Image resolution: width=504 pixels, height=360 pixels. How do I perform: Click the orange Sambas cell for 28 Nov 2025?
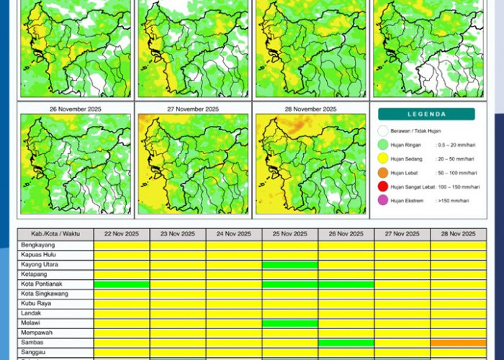458,343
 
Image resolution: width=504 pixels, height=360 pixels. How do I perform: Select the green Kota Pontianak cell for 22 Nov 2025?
122,284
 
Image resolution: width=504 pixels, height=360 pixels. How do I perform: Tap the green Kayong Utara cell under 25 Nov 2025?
290,265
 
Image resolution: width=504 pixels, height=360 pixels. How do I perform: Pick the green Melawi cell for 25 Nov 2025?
290,323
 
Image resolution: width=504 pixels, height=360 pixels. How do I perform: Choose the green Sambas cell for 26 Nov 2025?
346,343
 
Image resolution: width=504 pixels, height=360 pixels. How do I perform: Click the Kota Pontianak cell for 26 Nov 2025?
346,284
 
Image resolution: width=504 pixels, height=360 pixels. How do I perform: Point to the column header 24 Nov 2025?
234,234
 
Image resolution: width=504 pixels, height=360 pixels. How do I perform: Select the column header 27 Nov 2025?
402,234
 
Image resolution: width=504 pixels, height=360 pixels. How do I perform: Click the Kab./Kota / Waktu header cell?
55,234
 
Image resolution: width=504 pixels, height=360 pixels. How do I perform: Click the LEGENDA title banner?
426,114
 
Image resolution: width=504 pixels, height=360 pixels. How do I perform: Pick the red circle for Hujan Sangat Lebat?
383,186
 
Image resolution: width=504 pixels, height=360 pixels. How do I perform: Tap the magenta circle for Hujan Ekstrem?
383,200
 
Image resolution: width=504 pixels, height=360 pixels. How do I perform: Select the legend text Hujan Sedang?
408,159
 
